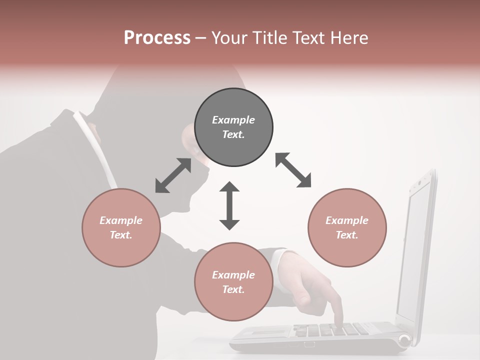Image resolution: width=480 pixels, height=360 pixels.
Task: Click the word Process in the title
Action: [157, 38]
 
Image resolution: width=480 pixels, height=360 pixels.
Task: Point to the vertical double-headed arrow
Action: [229, 205]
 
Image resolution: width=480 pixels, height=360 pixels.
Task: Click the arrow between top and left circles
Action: [173, 175]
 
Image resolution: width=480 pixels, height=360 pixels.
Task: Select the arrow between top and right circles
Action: [293, 170]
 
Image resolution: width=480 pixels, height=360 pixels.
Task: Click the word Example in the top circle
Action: [233, 120]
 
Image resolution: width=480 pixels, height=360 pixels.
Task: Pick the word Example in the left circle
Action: [121, 220]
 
